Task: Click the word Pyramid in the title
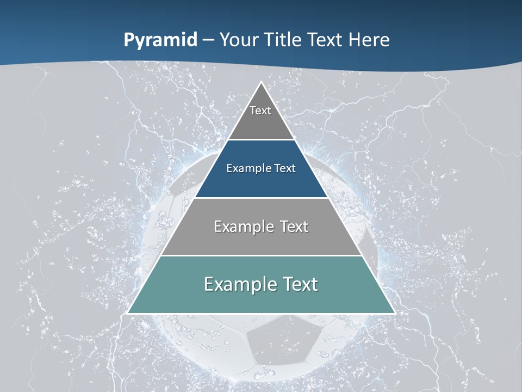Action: point(160,40)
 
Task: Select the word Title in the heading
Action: point(284,40)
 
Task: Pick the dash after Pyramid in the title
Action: point(208,40)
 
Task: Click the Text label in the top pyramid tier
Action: point(260,111)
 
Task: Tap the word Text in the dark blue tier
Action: point(285,168)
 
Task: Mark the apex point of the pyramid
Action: point(261,83)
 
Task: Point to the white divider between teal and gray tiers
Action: point(261,255)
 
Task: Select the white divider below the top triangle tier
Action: point(261,140)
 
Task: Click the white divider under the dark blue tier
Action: point(261,198)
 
